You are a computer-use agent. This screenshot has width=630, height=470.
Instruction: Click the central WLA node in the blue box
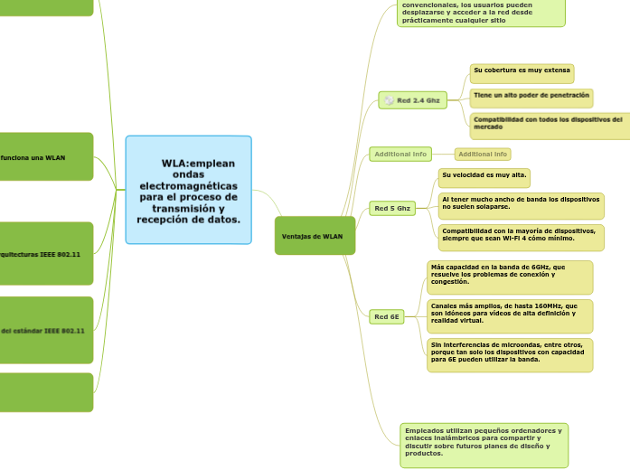189,191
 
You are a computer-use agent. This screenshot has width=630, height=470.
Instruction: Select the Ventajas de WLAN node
315,236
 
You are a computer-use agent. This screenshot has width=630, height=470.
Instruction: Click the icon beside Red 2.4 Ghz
389,100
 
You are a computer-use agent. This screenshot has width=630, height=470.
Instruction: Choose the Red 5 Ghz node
392,209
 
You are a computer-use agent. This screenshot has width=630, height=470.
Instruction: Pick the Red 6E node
387,316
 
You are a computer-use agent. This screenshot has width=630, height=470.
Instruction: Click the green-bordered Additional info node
400,155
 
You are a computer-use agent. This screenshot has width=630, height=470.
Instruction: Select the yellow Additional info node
483,155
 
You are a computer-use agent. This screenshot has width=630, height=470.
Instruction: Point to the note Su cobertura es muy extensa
522,70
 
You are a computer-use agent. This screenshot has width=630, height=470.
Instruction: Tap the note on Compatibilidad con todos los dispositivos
549,123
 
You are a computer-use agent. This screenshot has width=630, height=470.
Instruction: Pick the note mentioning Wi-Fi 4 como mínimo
521,235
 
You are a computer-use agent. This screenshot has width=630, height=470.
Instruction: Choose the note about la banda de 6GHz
510,275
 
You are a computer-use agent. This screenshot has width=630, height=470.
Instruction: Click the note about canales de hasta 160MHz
510,314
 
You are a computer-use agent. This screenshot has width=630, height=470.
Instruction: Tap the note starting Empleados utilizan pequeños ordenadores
484,443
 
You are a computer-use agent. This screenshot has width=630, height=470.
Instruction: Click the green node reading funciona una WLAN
45,157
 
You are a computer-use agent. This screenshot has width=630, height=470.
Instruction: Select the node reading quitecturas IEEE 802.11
45,255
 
